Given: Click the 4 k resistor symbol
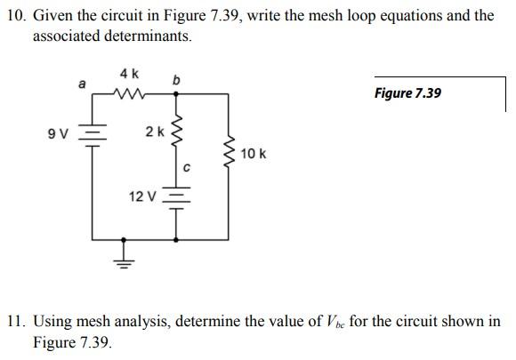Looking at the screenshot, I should coord(130,92).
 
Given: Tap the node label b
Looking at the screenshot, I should coord(176,81).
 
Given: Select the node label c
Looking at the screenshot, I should coord(187,166).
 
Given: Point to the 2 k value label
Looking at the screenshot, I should coord(154,132).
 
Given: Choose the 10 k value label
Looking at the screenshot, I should coord(254,154).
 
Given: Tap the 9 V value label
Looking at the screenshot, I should coord(59,135).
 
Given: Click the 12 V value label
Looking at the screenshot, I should coord(143,196).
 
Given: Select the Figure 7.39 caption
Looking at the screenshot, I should coord(407,93).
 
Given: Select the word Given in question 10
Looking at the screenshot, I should coord(51,16).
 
